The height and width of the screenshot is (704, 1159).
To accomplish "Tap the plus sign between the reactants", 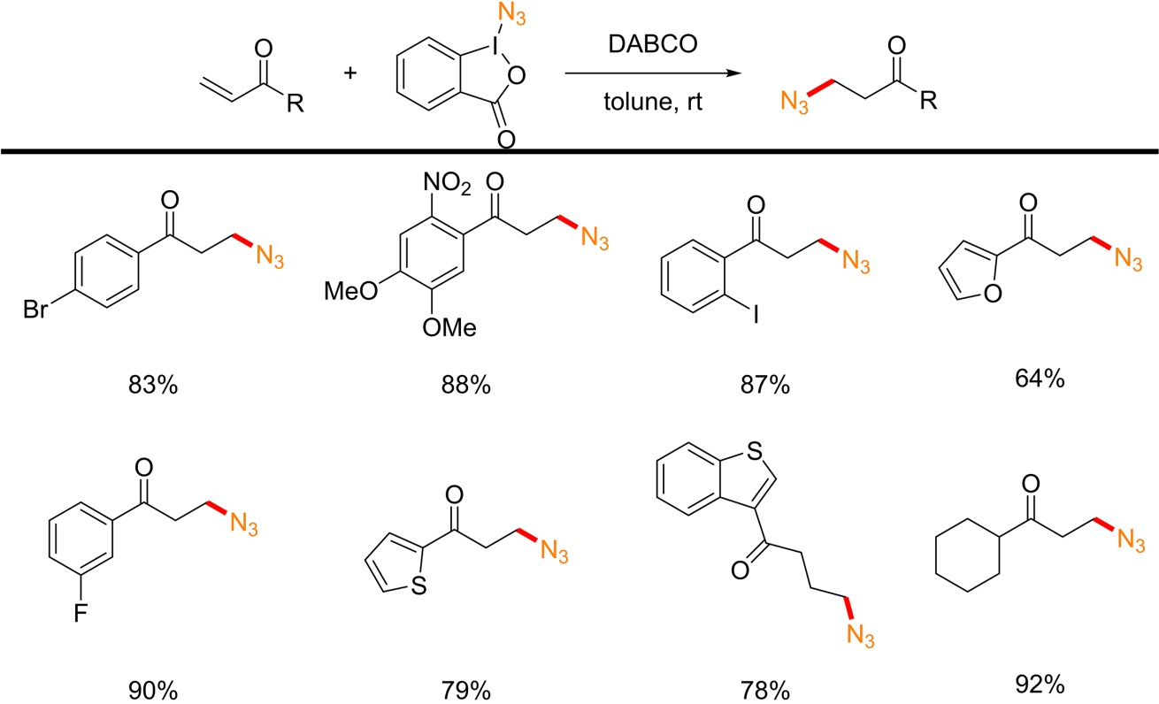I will click(x=351, y=73).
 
